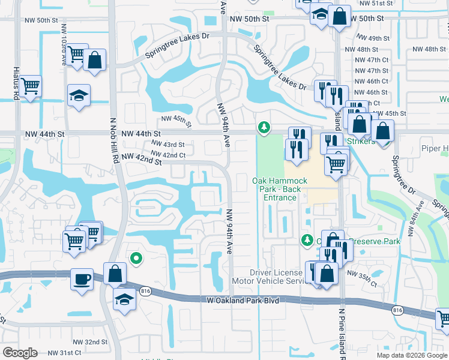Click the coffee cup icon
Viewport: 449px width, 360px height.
82,279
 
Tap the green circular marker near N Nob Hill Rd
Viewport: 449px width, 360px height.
136,259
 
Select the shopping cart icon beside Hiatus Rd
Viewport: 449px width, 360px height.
29,86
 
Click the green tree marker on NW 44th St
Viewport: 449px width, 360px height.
263,127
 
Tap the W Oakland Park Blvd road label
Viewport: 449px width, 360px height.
243,300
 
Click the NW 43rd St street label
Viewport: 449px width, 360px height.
167,145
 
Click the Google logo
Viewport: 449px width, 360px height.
20,353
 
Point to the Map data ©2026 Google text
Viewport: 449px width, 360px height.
412,355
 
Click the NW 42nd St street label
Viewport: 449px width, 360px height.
142,159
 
